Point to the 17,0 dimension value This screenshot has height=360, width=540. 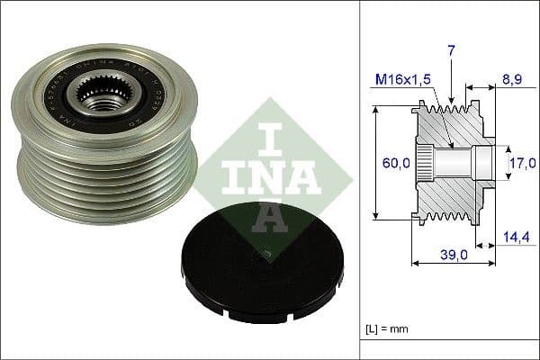pos(521,163)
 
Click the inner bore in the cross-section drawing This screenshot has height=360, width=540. pos(459,163)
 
